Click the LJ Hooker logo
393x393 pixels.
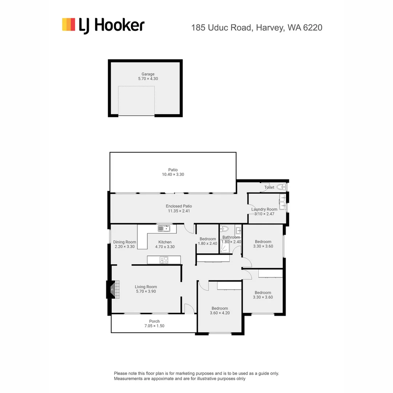[x=103, y=25]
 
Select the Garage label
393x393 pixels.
[x=148, y=74]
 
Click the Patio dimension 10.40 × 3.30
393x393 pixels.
[x=173, y=175]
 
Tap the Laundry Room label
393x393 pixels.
[x=264, y=209]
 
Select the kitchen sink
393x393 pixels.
[x=164, y=229]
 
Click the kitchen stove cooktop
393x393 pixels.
[x=164, y=260]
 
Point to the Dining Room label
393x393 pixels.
[x=124, y=242]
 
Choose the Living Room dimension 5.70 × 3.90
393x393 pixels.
[x=146, y=291]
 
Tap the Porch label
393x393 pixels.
[x=154, y=321]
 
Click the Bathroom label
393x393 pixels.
[x=231, y=237]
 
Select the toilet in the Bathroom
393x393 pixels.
[x=225, y=229]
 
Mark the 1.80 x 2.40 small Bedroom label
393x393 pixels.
[x=207, y=243]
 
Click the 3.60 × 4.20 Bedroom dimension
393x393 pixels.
[x=220, y=313]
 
